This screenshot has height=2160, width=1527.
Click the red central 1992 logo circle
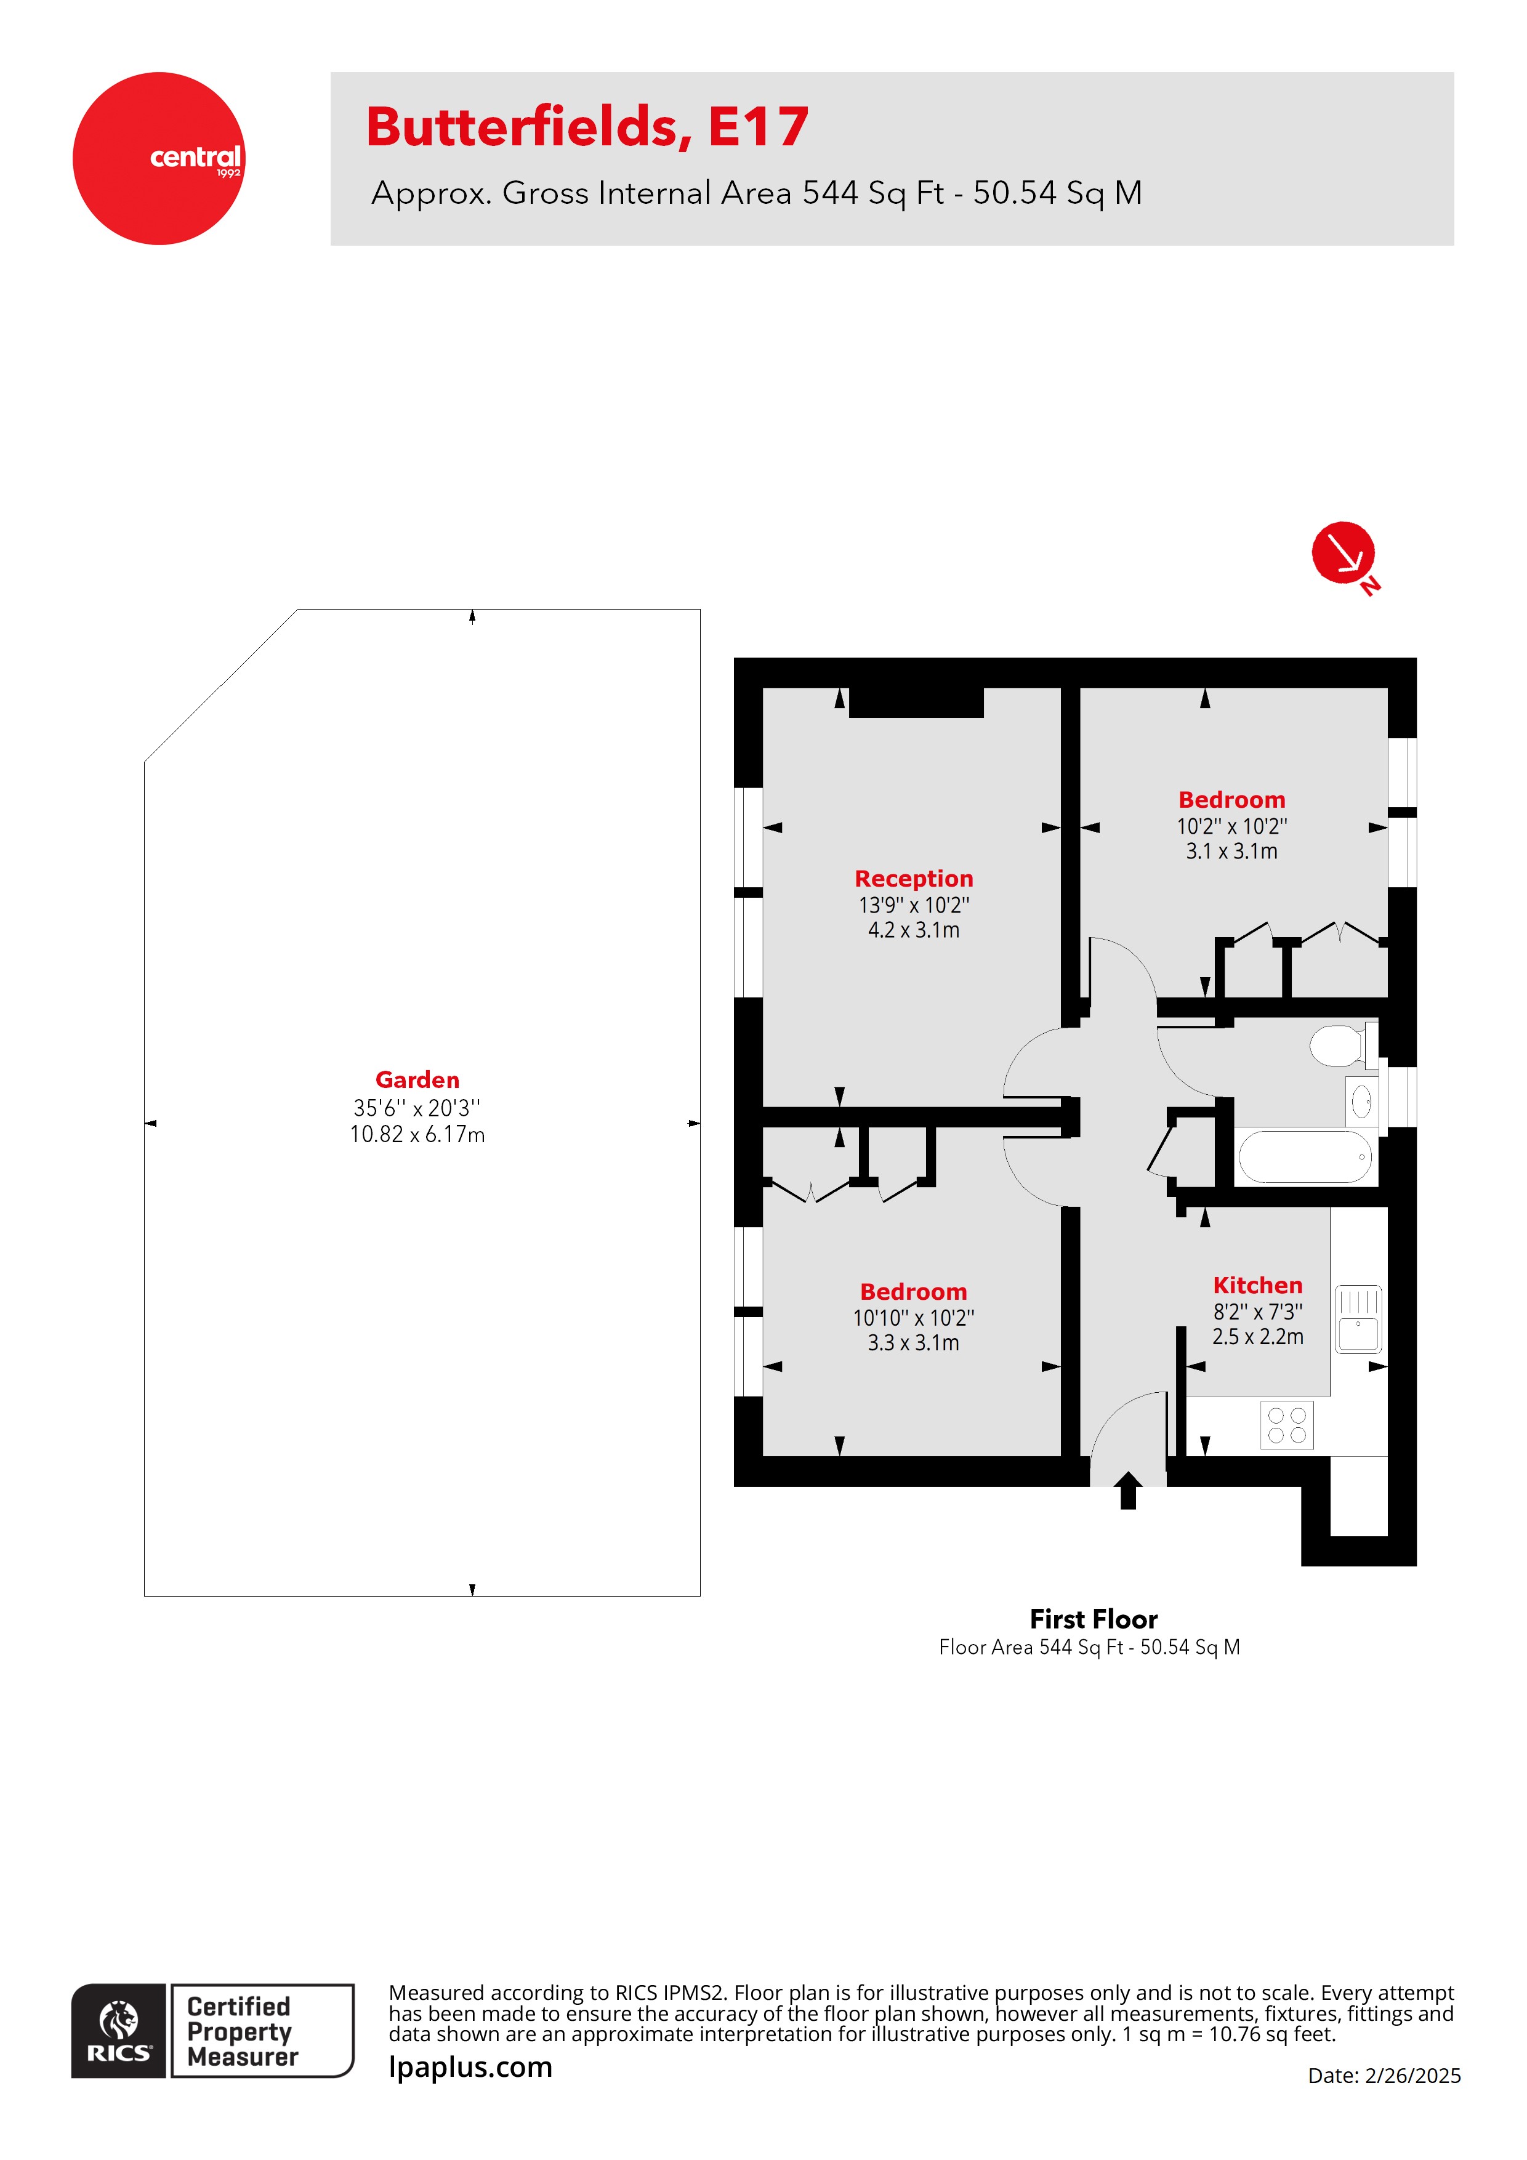tap(158, 158)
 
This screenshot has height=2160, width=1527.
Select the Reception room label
tap(914, 879)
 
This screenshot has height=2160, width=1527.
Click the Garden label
tap(417, 1080)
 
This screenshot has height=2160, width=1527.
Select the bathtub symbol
tap(1304, 1157)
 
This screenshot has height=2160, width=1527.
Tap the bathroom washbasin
tap(1361, 1101)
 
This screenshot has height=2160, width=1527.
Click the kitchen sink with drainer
tap(1358, 1319)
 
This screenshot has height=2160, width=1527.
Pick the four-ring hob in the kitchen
tap(1286, 1425)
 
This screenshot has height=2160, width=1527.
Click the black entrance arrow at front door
tap(1127, 1490)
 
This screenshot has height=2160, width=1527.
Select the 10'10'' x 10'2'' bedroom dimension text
tap(914, 1318)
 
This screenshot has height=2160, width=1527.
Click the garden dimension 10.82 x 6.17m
tap(417, 1135)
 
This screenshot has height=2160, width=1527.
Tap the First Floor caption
tap(1094, 1619)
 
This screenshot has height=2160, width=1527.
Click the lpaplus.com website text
tap(470, 2067)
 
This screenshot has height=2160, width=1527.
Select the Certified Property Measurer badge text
tap(242, 2031)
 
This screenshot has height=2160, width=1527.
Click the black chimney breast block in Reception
tap(916, 702)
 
